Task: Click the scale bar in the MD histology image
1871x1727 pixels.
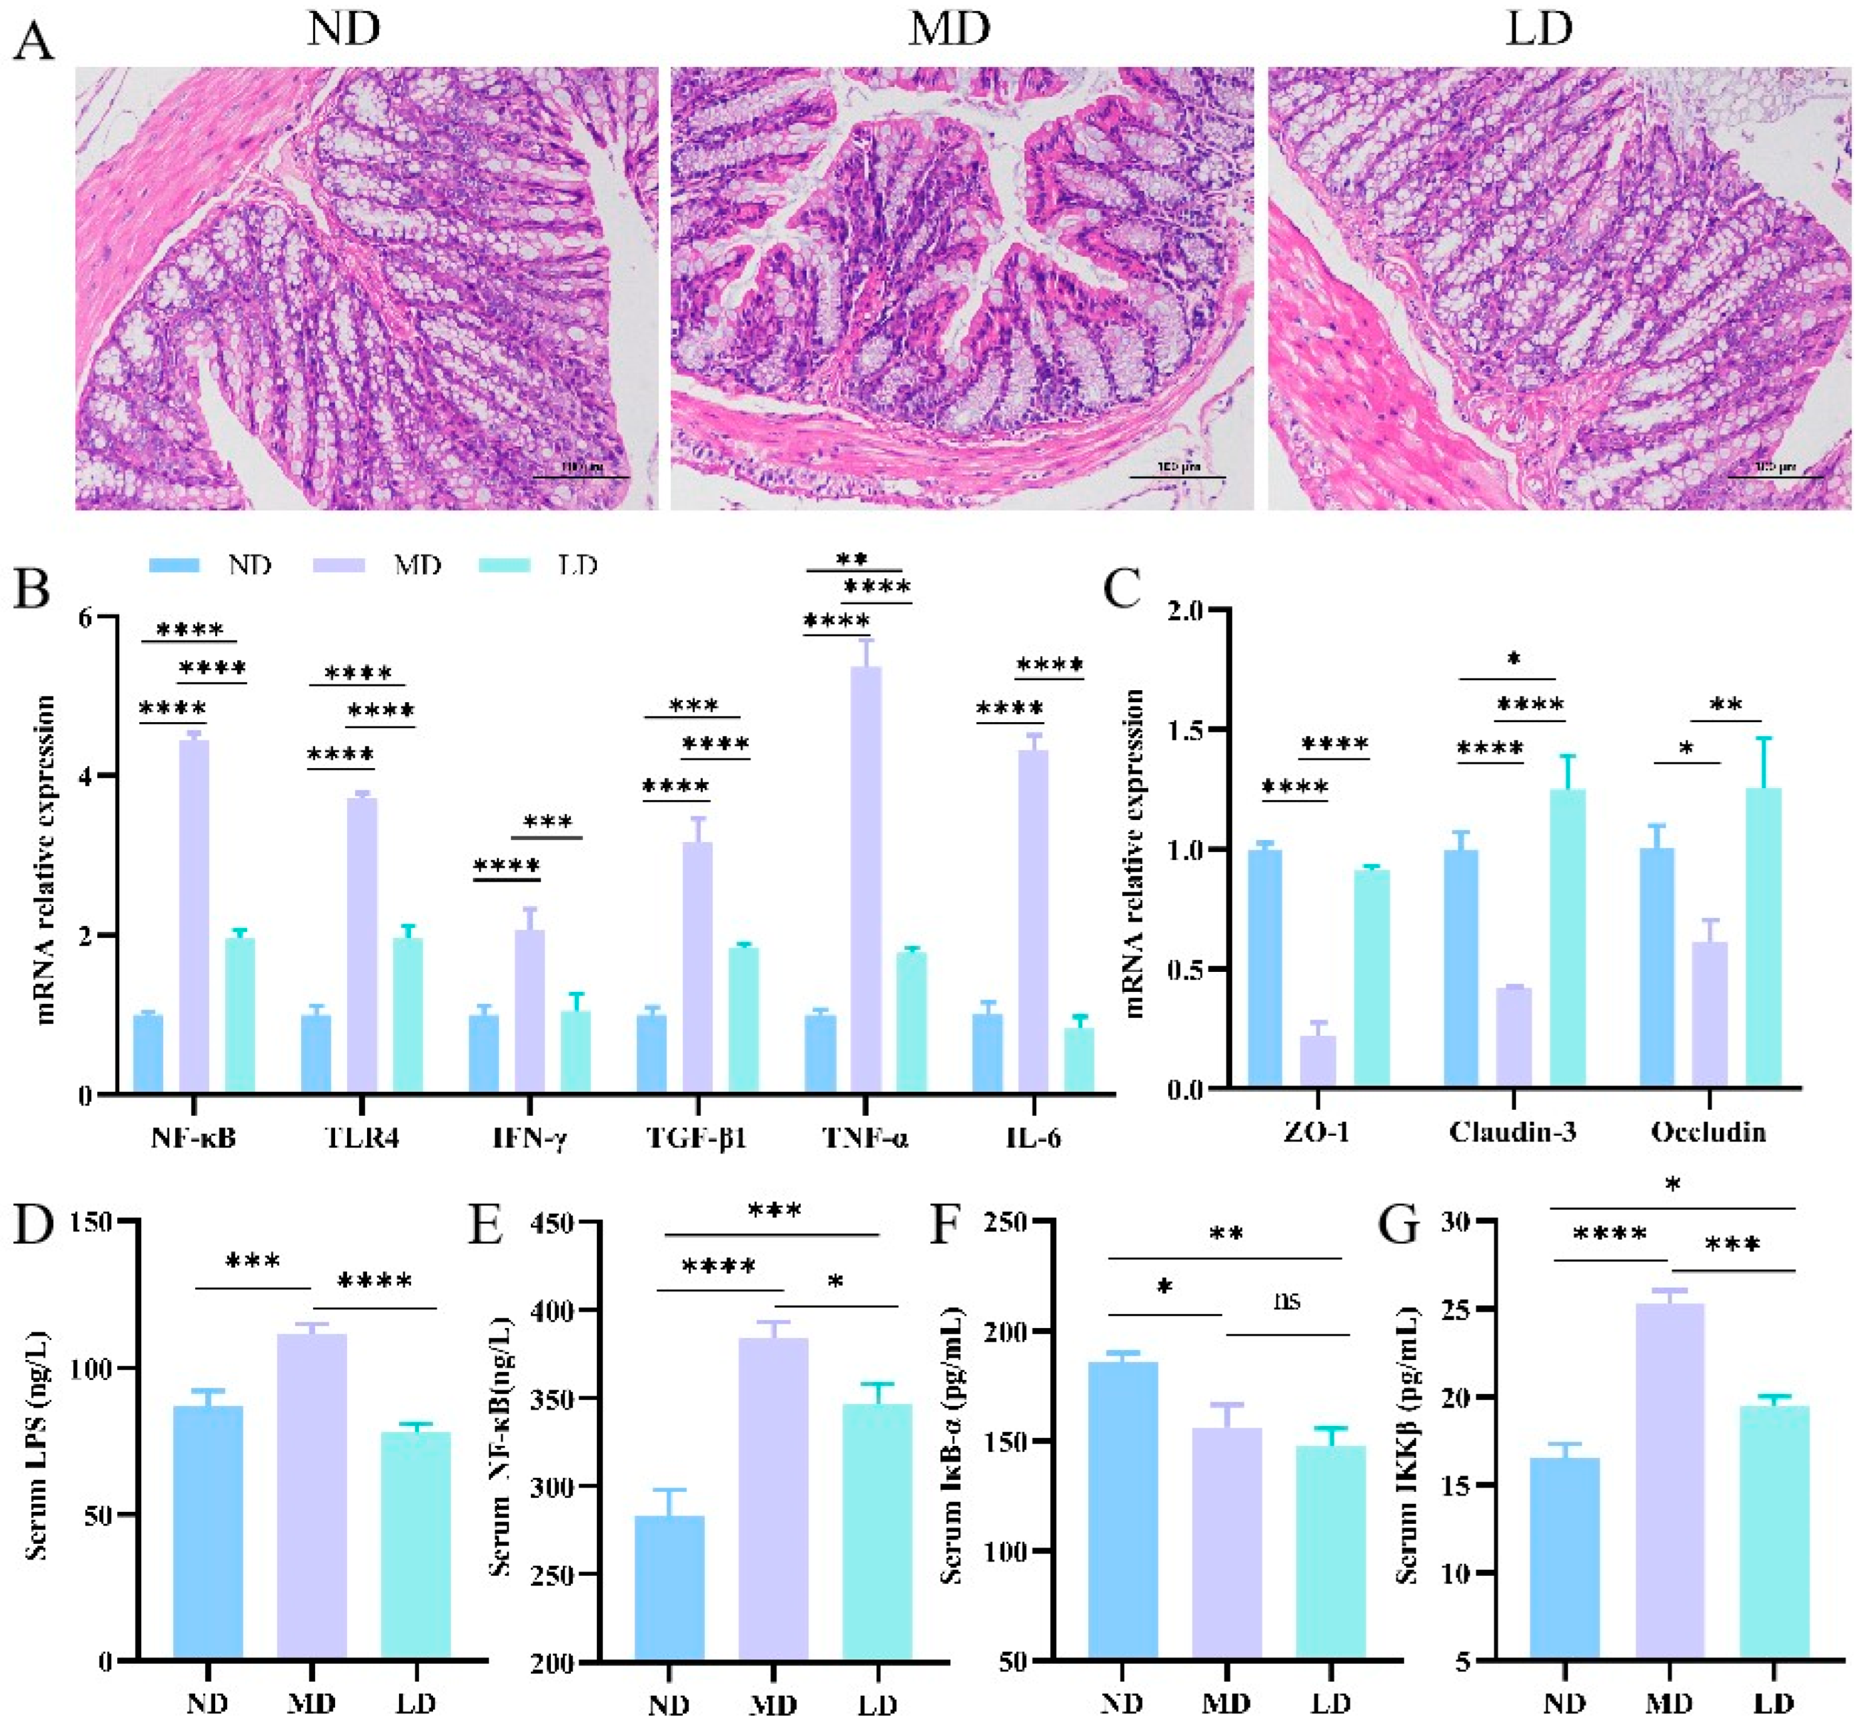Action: pos(1177,477)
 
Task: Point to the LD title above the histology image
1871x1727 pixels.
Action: pos(1538,30)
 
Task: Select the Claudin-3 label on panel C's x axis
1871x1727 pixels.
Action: pos(1512,1132)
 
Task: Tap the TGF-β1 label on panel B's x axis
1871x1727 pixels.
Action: pos(697,1138)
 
